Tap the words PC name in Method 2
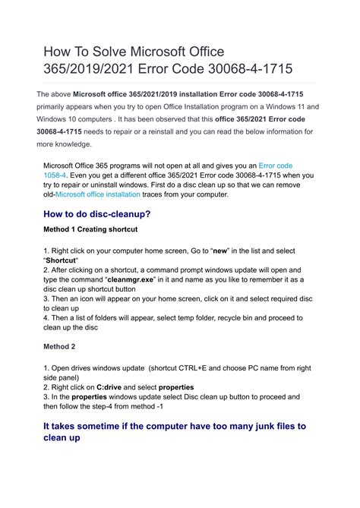tap(251, 368)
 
